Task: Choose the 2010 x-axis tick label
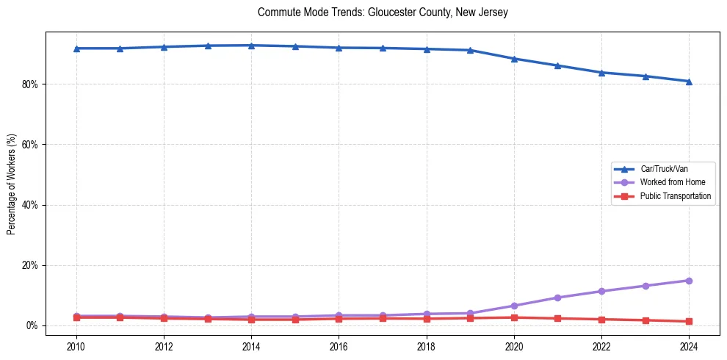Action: [76, 345]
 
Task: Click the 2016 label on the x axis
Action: [339, 345]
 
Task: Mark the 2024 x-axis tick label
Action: [689, 345]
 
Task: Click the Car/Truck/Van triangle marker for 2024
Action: [689, 82]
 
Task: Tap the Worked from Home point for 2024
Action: [689, 281]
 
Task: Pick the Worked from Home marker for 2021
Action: [557, 298]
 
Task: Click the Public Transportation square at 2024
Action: [689, 321]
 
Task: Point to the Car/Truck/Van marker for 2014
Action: [251, 46]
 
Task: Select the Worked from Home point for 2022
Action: [601, 291]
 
